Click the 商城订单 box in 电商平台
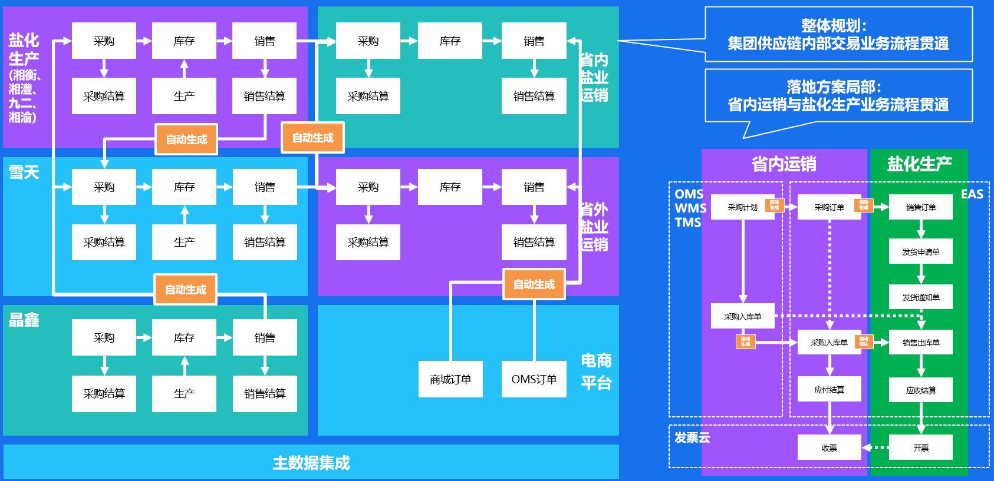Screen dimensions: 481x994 click(x=450, y=379)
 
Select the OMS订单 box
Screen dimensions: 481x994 click(x=534, y=379)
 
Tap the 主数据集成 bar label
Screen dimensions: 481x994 click(x=311, y=463)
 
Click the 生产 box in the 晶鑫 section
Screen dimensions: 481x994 click(x=184, y=393)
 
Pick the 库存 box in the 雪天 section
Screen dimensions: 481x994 click(x=184, y=187)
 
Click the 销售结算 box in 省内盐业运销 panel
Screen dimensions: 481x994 click(x=534, y=96)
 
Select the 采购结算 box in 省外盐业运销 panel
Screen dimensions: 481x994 click(x=368, y=242)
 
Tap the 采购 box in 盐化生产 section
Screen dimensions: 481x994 click(x=104, y=41)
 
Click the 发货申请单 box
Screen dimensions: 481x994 click(x=920, y=251)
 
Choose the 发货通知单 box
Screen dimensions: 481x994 click(x=920, y=297)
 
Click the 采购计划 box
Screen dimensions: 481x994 click(x=742, y=207)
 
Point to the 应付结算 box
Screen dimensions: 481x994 click(x=829, y=389)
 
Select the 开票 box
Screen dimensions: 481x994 click(x=920, y=447)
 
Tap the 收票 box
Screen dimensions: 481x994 click(x=829, y=447)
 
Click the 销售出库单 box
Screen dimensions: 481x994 click(x=920, y=342)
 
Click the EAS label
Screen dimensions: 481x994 click(x=972, y=194)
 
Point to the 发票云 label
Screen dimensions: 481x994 click(x=692, y=437)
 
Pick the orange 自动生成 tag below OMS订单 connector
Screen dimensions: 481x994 click(x=534, y=284)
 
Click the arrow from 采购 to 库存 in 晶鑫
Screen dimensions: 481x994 click(x=144, y=338)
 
